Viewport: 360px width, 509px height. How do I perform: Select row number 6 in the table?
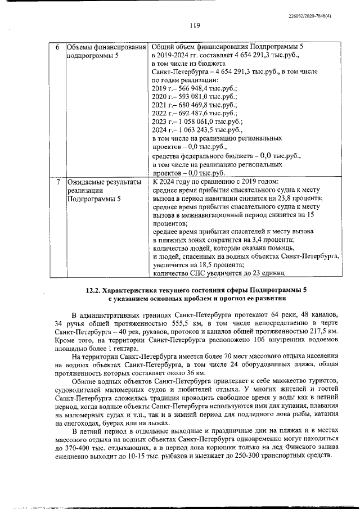tap(58, 46)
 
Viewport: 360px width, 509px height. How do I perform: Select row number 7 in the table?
tap(58, 182)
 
